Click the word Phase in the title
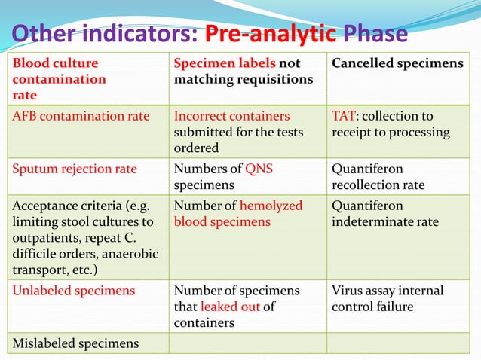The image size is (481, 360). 375,35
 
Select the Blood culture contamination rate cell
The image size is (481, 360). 87,78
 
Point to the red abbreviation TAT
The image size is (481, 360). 340,116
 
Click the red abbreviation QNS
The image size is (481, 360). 258,169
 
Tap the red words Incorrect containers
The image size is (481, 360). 231,116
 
